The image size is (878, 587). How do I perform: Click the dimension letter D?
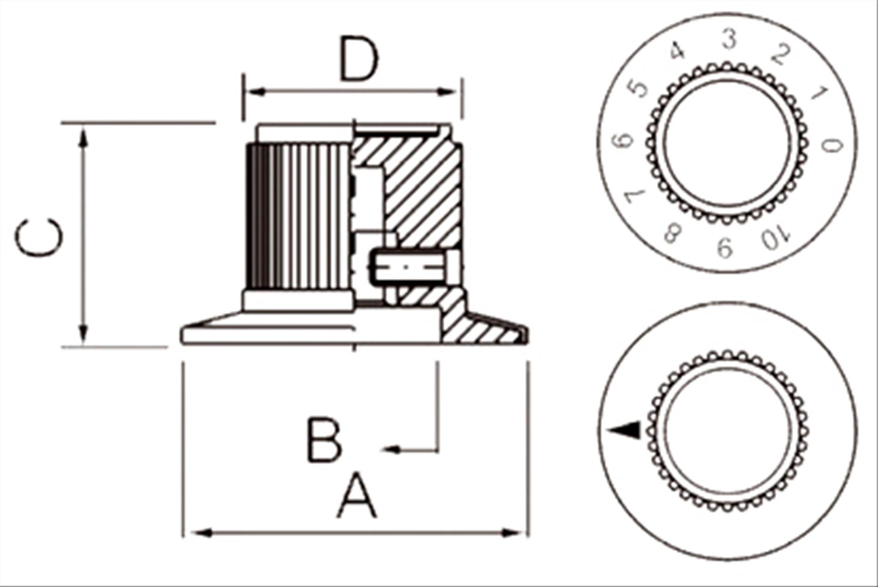click(x=359, y=58)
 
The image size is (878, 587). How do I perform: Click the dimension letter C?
click(x=39, y=237)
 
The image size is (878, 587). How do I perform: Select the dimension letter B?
click(x=324, y=440)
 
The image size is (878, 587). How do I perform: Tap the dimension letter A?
click(x=357, y=497)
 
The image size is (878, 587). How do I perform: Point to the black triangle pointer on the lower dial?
click(x=626, y=430)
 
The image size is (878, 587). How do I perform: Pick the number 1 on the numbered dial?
click(x=819, y=93)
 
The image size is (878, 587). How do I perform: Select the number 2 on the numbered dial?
click(x=781, y=55)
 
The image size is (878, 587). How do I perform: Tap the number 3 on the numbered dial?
click(x=729, y=39)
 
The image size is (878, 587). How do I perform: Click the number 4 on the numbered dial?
click(x=677, y=50)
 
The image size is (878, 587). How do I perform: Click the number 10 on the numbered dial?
click(x=776, y=238)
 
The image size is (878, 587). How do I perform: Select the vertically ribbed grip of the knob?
click(x=298, y=216)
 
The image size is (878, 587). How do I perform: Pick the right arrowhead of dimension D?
click(x=447, y=92)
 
